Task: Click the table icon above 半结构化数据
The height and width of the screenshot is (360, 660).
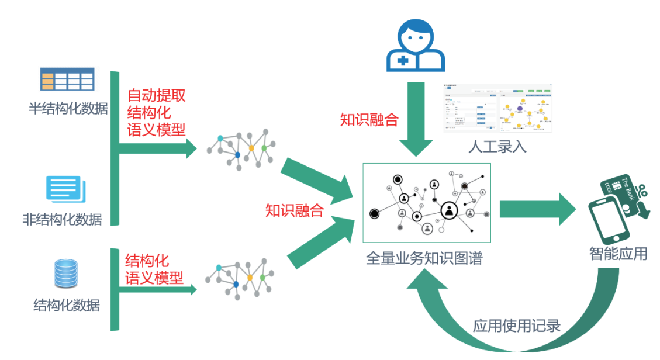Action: (x=67, y=79)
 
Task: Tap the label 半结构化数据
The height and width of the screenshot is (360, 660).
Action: (x=68, y=109)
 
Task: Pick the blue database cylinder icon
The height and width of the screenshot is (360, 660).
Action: (x=65, y=274)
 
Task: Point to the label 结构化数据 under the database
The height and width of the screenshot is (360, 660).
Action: (x=66, y=305)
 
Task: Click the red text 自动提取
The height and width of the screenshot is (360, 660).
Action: (x=156, y=95)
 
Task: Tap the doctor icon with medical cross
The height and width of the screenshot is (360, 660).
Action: (x=416, y=47)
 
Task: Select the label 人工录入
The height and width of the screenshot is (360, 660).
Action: (x=497, y=146)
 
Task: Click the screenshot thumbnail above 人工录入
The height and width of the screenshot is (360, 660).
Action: (x=497, y=109)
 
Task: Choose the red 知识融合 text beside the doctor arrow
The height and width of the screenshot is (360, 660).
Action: (x=369, y=120)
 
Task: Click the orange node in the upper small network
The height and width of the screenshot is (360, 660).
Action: (x=251, y=148)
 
